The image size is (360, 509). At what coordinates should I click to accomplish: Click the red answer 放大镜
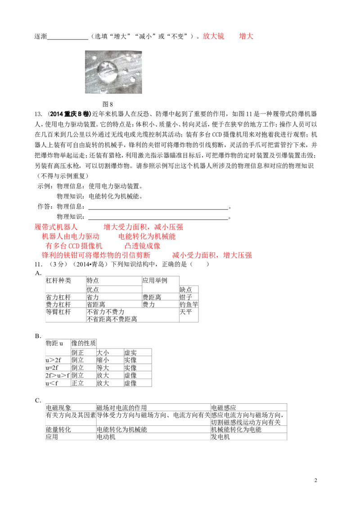[213, 36]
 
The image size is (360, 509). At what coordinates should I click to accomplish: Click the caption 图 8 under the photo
[108, 104]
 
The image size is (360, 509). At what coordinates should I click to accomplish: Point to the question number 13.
[38, 114]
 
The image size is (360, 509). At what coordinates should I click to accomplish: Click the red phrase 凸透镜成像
[142, 246]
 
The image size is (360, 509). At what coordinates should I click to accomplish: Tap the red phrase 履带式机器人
[56, 227]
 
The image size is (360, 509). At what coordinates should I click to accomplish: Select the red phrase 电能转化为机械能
[147, 237]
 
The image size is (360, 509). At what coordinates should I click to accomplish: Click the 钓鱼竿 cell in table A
[189, 304]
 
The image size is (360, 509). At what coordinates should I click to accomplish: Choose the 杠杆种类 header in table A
[58, 281]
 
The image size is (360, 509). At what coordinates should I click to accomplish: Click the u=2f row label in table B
[52, 368]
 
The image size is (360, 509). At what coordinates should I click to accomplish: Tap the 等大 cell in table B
[103, 368]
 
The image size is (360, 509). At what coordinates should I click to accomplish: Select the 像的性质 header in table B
[84, 343]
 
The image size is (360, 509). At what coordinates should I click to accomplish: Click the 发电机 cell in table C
[220, 437]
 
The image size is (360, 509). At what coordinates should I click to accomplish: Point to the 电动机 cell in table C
[106, 437]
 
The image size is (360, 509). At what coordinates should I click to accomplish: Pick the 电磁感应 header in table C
[224, 407]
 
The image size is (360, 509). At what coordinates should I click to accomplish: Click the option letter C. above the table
[38, 400]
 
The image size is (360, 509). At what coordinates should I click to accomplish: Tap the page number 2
[315, 480]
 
